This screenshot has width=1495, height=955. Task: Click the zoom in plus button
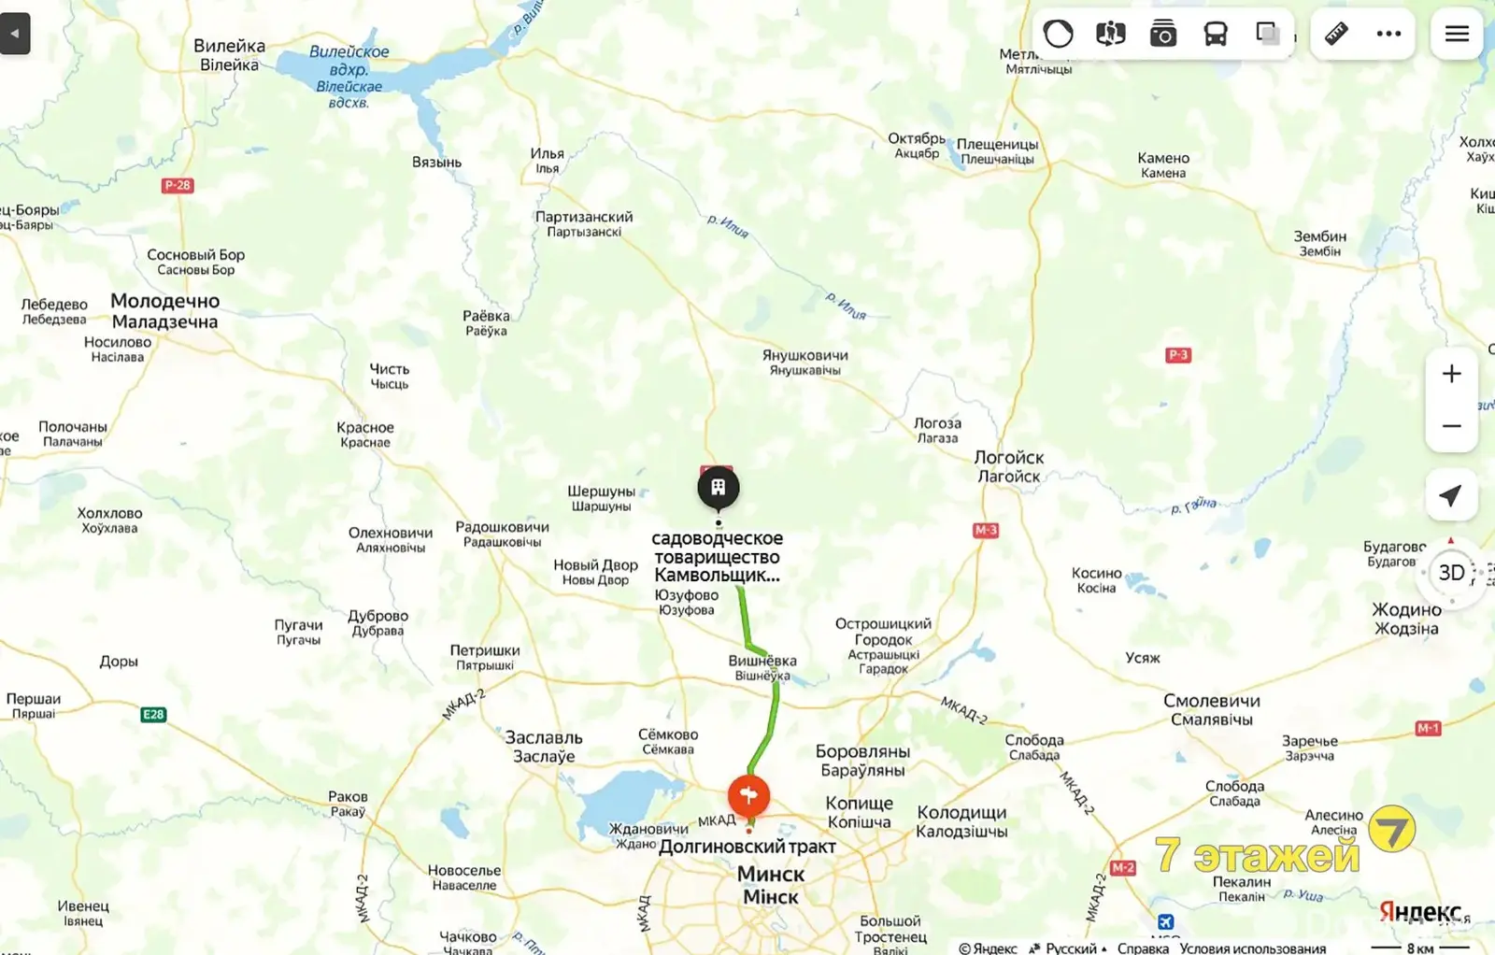click(1451, 374)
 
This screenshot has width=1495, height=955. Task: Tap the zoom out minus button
click(1451, 426)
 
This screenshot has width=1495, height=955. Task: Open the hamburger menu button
click(1457, 34)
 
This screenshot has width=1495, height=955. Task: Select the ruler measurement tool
click(1336, 34)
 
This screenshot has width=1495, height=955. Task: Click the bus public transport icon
click(1215, 35)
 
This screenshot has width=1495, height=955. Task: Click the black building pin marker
click(718, 488)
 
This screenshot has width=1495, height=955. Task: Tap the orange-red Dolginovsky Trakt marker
click(748, 796)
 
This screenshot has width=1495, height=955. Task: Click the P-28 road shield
click(178, 185)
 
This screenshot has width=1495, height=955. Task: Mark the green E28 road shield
click(153, 715)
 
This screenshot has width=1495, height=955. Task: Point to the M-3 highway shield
click(986, 530)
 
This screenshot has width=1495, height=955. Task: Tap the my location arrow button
click(1450, 495)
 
